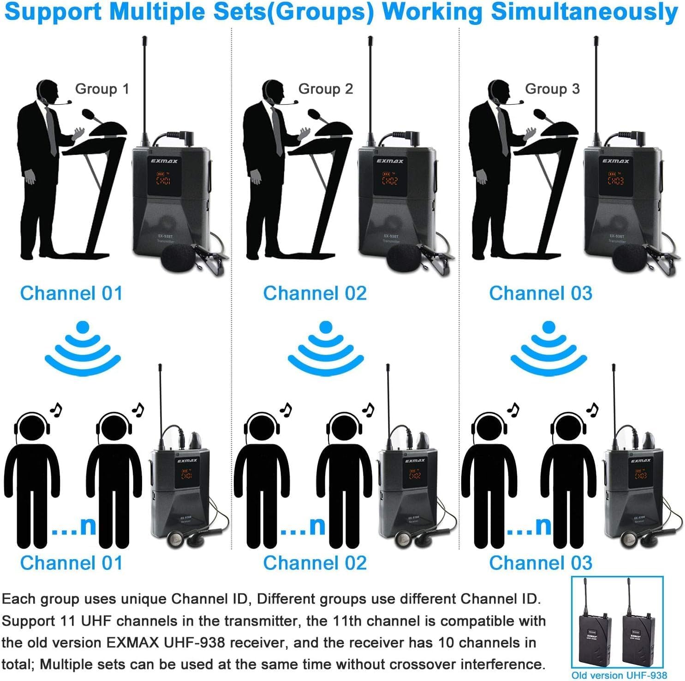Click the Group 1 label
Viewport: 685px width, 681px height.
click(x=102, y=89)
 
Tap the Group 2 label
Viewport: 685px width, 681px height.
click(x=325, y=89)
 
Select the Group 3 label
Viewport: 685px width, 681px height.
click(x=552, y=89)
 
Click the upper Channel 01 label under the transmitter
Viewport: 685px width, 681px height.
click(x=71, y=293)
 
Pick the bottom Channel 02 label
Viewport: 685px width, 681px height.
click(x=315, y=563)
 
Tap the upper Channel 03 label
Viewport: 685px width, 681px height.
click(x=540, y=293)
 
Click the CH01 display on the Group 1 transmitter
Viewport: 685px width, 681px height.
click(x=163, y=179)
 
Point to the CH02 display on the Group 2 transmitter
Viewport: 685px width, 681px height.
click(x=389, y=179)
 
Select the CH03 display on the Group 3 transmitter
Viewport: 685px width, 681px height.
click(x=615, y=179)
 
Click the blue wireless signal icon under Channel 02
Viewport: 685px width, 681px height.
click(x=326, y=348)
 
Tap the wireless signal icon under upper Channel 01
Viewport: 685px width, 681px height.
click(x=83, y=348)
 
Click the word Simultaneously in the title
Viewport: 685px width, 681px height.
click(x=584, y=12)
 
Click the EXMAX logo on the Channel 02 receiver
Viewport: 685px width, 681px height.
click(x=415, y=460)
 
